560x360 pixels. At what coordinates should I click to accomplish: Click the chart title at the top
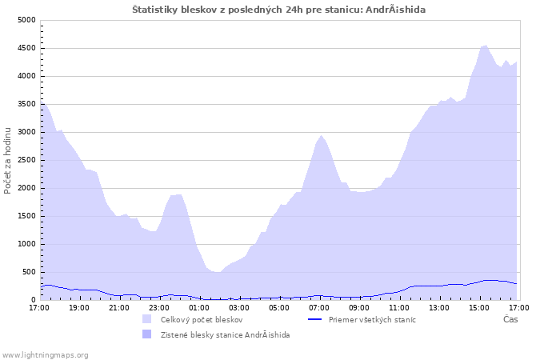tap(278, 10)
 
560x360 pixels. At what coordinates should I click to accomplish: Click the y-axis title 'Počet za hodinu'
tap(7, 161)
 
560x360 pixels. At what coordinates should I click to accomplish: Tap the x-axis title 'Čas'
tap(510, 319)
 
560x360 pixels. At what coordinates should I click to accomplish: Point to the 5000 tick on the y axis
tap(26, 20)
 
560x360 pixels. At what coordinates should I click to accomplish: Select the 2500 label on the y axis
tap(26, 160)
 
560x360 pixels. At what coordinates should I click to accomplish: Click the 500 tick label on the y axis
tap(29, 272)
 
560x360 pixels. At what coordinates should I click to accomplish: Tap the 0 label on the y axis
tap(34, 300)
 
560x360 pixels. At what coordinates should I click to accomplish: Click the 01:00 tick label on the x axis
tap(199, 308)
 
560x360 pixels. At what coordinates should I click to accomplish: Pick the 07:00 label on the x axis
tap(319, 308)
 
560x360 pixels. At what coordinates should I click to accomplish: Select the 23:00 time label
tap(159, 308)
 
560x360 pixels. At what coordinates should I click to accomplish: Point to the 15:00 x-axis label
tap(479, 308)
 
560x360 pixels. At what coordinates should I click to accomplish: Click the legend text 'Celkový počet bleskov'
tap(202, 320)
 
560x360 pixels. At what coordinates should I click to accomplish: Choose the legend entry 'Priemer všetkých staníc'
tap(372, 320)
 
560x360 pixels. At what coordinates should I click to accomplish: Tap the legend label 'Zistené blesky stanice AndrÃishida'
tap(225, 335)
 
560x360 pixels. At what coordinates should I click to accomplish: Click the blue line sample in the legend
tap(314, 319)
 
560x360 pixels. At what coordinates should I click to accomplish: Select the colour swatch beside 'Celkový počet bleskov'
tap(146, 319)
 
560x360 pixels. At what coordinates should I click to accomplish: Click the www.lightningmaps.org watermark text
tap(45, 355)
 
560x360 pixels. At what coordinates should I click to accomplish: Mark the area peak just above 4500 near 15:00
tap(485, 46)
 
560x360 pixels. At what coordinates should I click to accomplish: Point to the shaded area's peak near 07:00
tap(321, 135)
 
